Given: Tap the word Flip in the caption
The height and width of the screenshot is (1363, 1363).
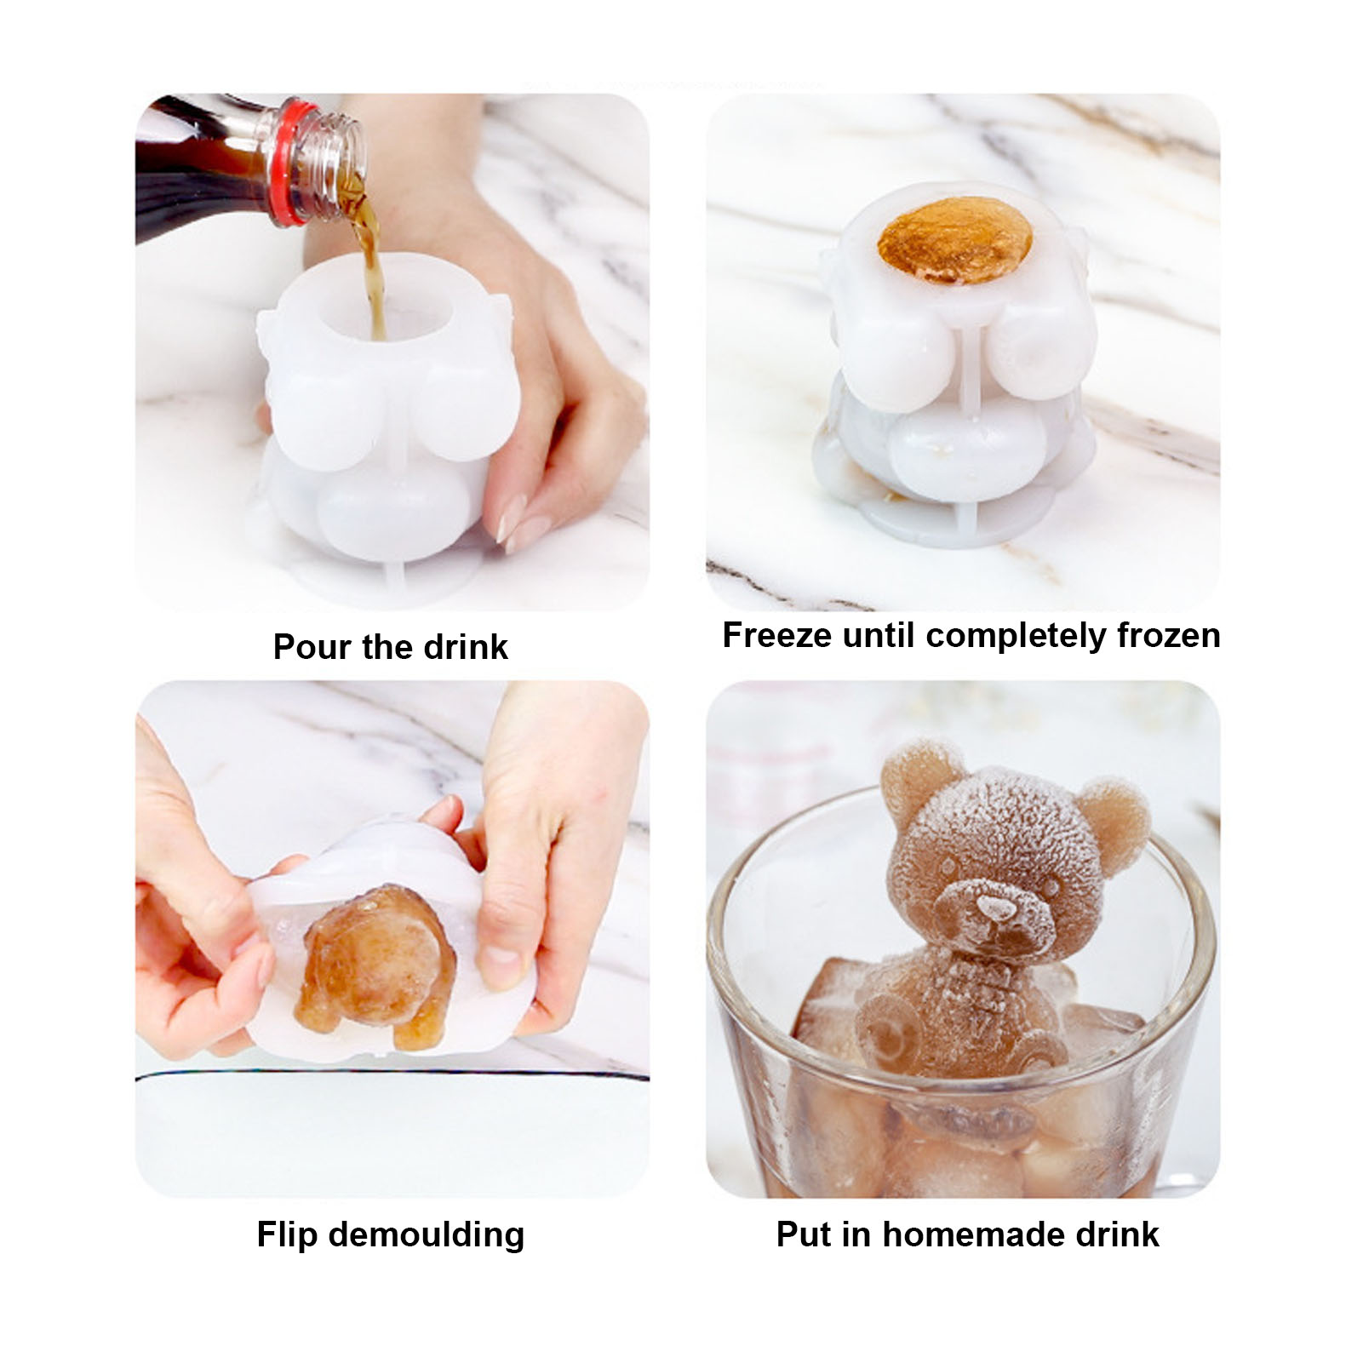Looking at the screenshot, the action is pos(287,1235).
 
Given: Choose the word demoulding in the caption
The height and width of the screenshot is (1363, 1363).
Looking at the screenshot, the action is pos(427,1235).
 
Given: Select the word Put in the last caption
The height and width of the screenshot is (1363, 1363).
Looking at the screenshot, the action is pos(804,1234).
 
